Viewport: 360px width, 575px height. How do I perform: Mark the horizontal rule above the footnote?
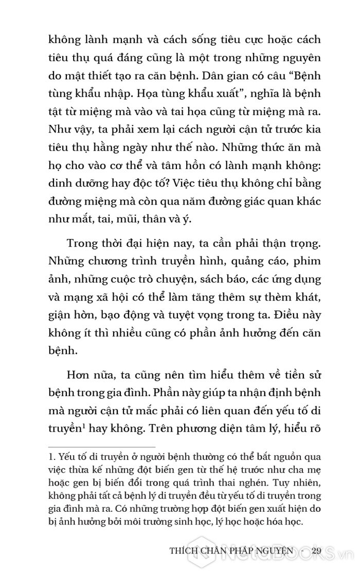(x=102, y=447)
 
